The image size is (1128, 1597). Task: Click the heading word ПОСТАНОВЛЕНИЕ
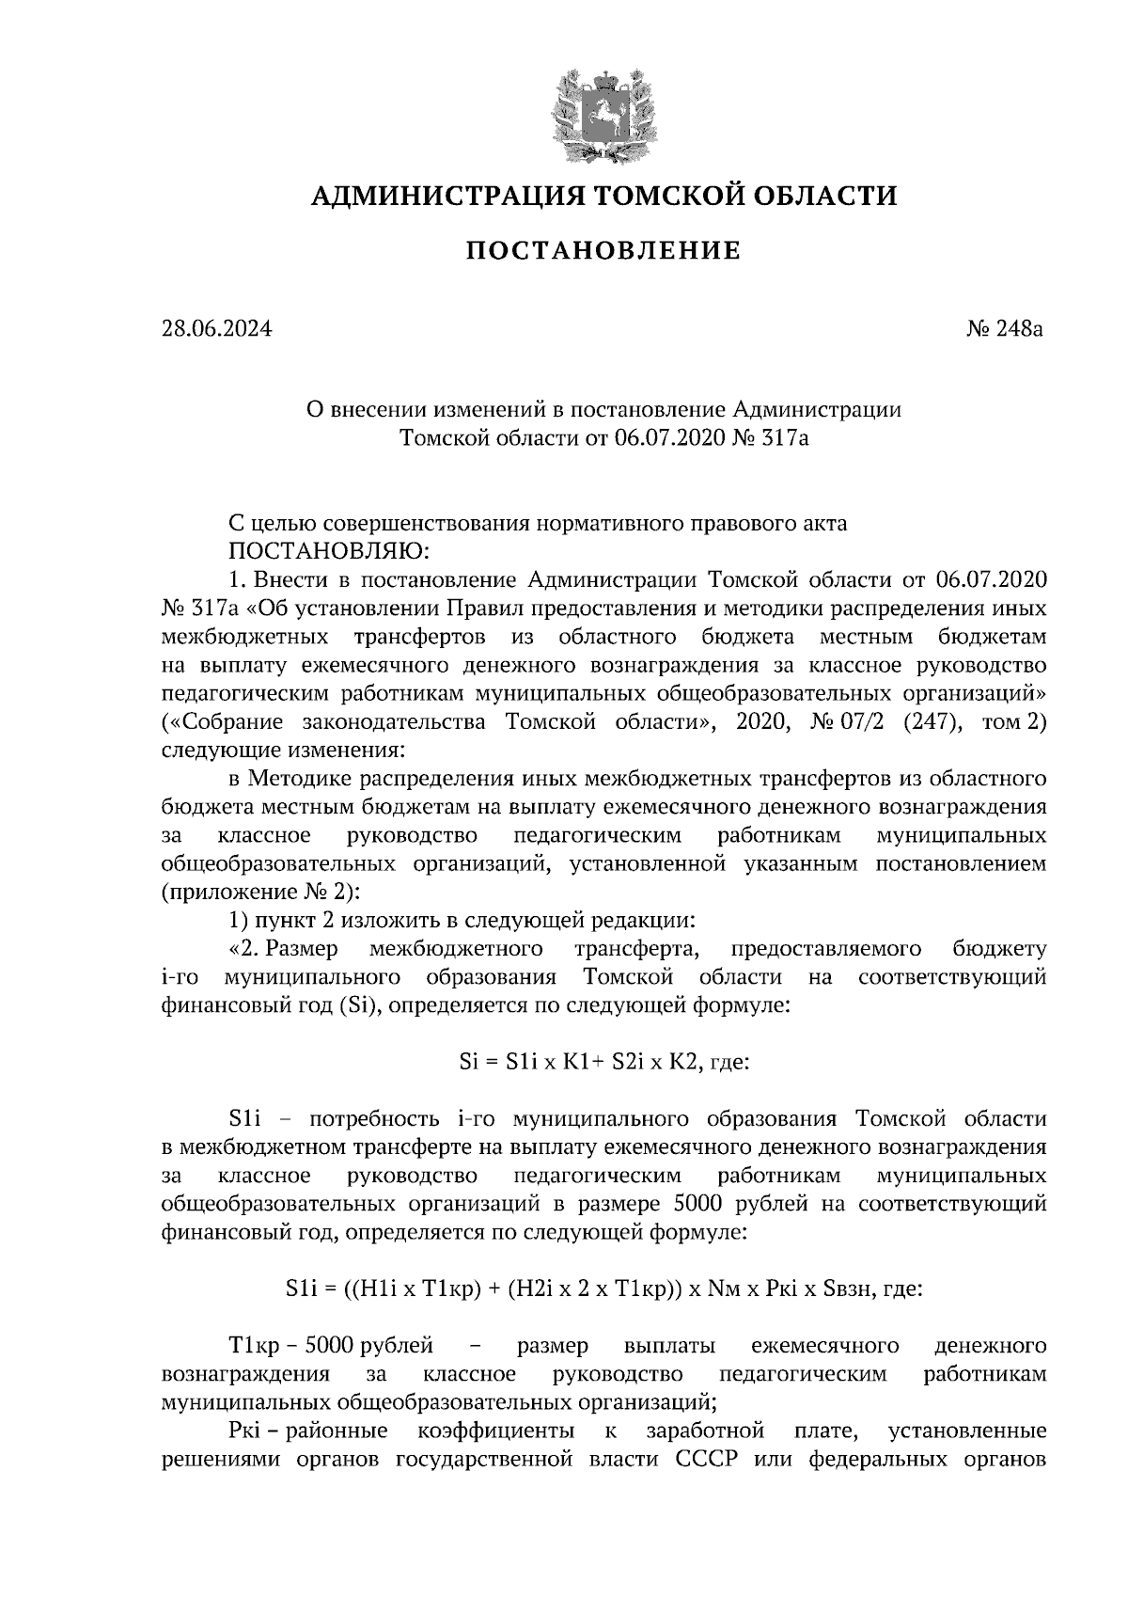click(x=603, y=251)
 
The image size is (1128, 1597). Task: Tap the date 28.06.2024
click(x=216, y=329)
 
